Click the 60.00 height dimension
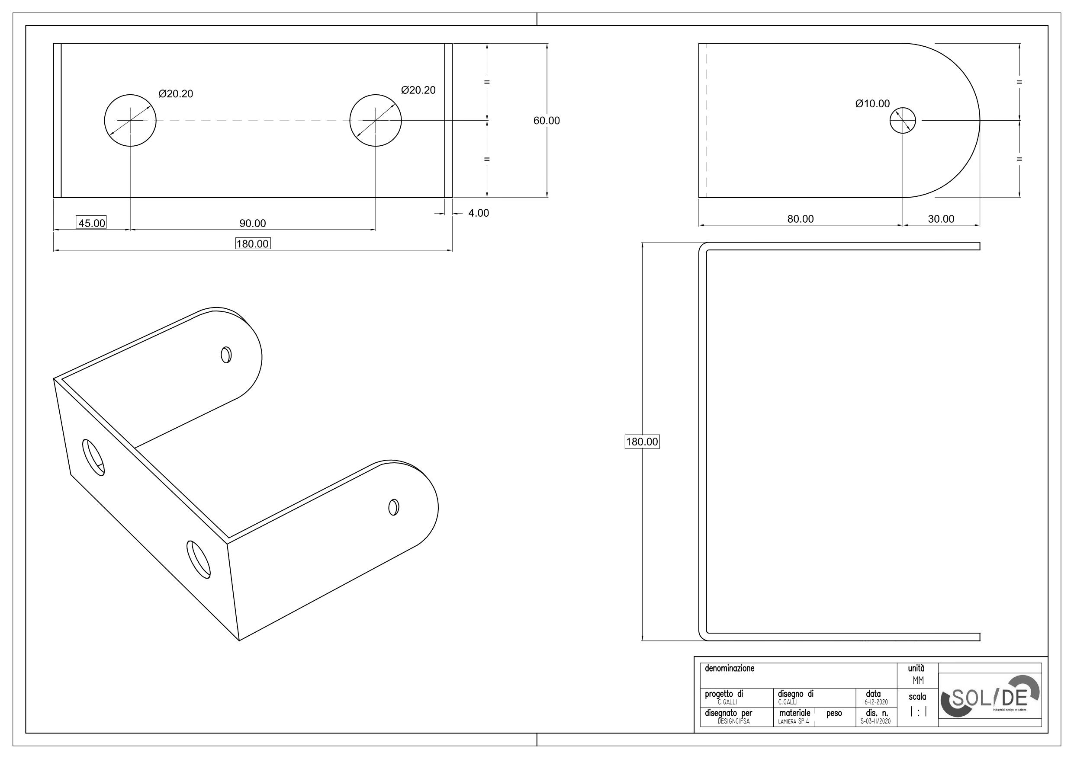(547, 121)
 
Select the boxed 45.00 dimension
(91, 223)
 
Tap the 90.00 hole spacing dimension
(253, 224)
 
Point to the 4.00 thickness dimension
(478, 213)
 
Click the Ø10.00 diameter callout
(872, 104)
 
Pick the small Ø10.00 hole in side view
(902, 121)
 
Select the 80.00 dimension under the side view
(801, 219)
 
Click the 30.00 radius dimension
(941, 219)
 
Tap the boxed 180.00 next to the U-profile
(642, 442)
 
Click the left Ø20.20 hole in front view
(130, 121)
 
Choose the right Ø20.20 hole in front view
(375, 121)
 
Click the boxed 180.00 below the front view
(253, 243)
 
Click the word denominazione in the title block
(729, 669)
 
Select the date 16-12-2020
(873, 702)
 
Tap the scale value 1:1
(918, 713)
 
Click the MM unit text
(918, 681)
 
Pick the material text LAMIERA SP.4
(793, 721)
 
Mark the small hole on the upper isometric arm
(226, 355)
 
